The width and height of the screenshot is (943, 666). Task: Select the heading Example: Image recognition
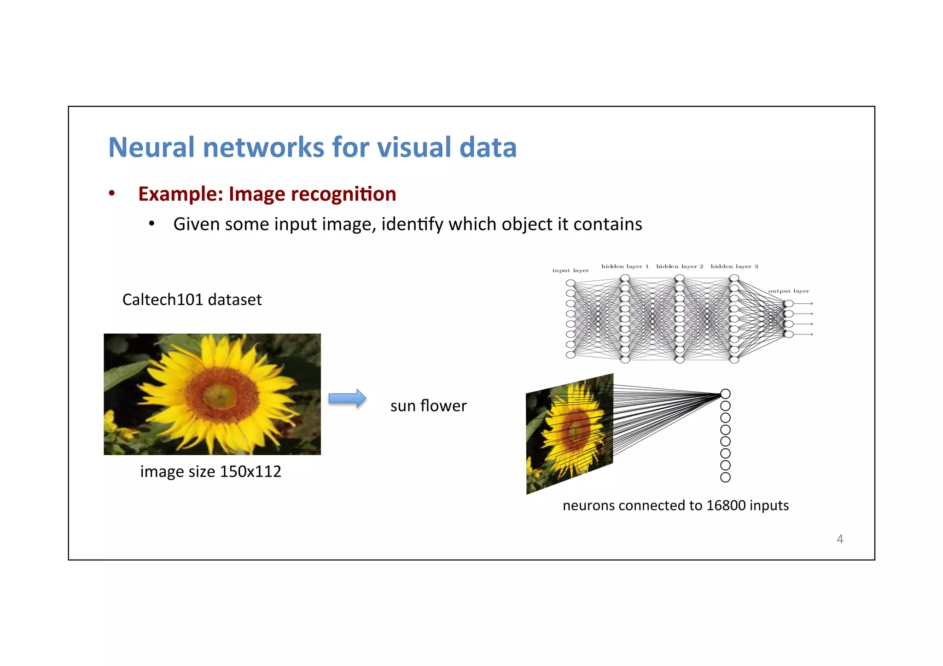[267, 194]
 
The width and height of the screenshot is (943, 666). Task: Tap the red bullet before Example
[111, 193]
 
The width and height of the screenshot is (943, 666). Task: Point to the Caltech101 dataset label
[192, 300]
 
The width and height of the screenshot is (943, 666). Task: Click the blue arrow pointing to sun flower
[347, 398]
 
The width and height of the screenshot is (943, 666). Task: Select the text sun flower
[428, 405]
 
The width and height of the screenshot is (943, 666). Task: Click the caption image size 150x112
[210, 471]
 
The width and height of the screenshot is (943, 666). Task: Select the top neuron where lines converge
[725, 394]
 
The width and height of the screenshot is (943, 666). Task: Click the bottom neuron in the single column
[725, 477]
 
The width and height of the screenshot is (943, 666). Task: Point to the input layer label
[570, 271]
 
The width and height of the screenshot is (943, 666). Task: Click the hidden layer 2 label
[680, 266]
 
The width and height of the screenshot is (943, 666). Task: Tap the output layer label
[788, 291]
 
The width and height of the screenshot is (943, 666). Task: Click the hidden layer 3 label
[734, 266]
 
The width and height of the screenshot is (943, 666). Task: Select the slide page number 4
[839, 539]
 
